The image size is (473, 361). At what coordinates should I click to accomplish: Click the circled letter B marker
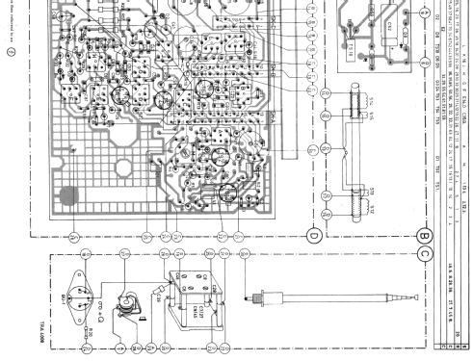click(x=425, y=232)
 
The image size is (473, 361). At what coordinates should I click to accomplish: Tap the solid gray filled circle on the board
click(x=67, y=195)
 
